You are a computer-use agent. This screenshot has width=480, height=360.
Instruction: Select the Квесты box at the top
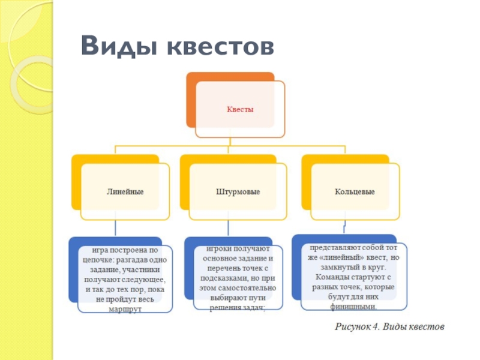point(240,110)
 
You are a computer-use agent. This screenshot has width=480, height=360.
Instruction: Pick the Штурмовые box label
point(238,192)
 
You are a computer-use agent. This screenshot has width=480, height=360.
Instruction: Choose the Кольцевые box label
point(355,192)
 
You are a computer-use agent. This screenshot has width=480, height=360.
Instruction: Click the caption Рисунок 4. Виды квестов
point(389,328)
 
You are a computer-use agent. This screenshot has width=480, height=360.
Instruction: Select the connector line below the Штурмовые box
point(229,229)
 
